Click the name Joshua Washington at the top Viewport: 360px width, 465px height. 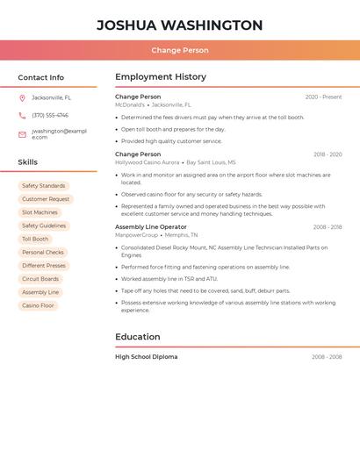[179, 25]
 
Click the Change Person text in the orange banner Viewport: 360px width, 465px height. [179, 51]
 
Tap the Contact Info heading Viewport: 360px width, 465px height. [41, 77]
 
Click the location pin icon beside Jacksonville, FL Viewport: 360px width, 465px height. [22, 98]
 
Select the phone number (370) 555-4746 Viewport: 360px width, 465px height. [50, 115]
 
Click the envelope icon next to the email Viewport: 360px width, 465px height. [22, 134]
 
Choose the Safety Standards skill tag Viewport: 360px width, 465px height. [44, 186]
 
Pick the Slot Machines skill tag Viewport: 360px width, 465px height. [40, 212]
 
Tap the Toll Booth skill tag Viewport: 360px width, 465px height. [35, 239]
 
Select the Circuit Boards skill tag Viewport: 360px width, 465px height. [40, 279]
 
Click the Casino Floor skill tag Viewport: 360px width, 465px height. [38, 305]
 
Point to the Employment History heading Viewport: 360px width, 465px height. [161, 76]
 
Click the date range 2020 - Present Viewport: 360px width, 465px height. [323, 97]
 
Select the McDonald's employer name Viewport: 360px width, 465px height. [130, 104]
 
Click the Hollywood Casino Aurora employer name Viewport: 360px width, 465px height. [148, 162]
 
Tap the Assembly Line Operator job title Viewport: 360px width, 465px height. [151, 227]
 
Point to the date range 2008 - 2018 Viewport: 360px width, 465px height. [327, 227]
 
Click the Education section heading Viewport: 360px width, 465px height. [138, 337]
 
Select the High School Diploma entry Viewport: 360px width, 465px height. [147, 357]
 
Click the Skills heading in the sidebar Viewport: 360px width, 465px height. [28, 162]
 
